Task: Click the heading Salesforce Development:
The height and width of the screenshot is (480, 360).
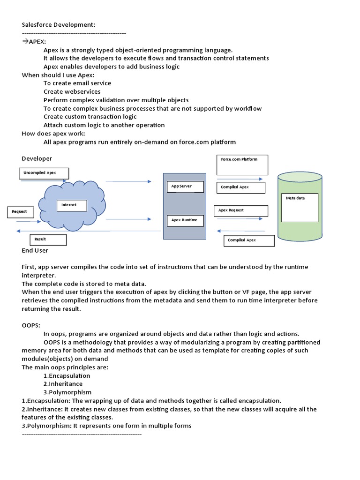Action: tap(59, 25)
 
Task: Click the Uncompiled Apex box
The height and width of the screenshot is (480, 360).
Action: tap(44, 173)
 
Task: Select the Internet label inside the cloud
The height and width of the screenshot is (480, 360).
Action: tap(72, 205)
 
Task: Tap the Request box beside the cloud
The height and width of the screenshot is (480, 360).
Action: tap(21, 212)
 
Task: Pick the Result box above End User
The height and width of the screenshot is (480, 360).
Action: tap(48, 240)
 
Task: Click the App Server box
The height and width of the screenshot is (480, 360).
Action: tap(185, 187)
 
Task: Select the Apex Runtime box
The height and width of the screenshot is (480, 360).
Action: tap(185, 221)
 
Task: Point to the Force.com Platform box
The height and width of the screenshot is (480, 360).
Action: tap(242, 165)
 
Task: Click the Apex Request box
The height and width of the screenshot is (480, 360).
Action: tap(241, 211)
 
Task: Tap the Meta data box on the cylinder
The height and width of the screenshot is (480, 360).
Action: tap(300, 208)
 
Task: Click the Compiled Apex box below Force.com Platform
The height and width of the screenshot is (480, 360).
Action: tap(241, 187)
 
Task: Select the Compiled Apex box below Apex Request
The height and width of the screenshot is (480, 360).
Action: tap(249, 241)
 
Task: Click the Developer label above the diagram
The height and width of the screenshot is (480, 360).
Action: tap(37, 158)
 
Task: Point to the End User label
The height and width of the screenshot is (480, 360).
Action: tap(35, 250)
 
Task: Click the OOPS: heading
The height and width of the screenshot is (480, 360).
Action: tap(31, 325)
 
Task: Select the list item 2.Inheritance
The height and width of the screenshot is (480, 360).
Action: tap(63, 384)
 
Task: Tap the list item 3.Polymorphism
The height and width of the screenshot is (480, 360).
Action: tap(67, 392)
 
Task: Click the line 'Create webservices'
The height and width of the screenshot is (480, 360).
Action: tap(72, 91)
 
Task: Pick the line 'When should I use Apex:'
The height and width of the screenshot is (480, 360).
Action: tap(58, 75)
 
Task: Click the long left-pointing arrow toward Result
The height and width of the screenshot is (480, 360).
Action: tap(89, 231)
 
